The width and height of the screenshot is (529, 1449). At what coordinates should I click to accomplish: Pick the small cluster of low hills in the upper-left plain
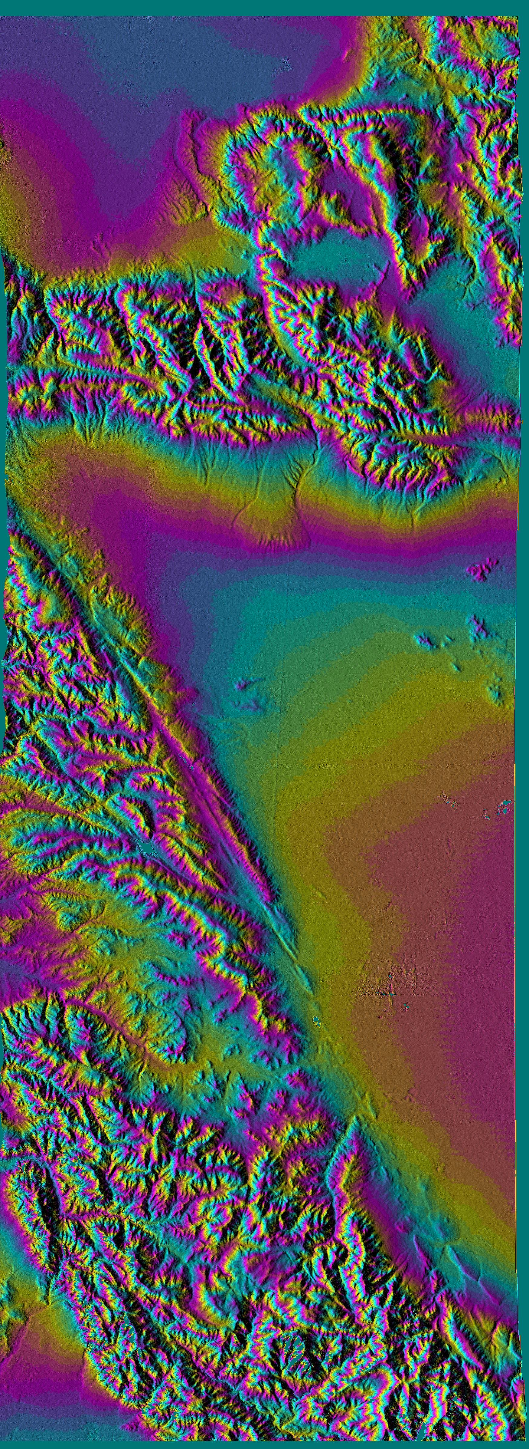click(x=104, y=242)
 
